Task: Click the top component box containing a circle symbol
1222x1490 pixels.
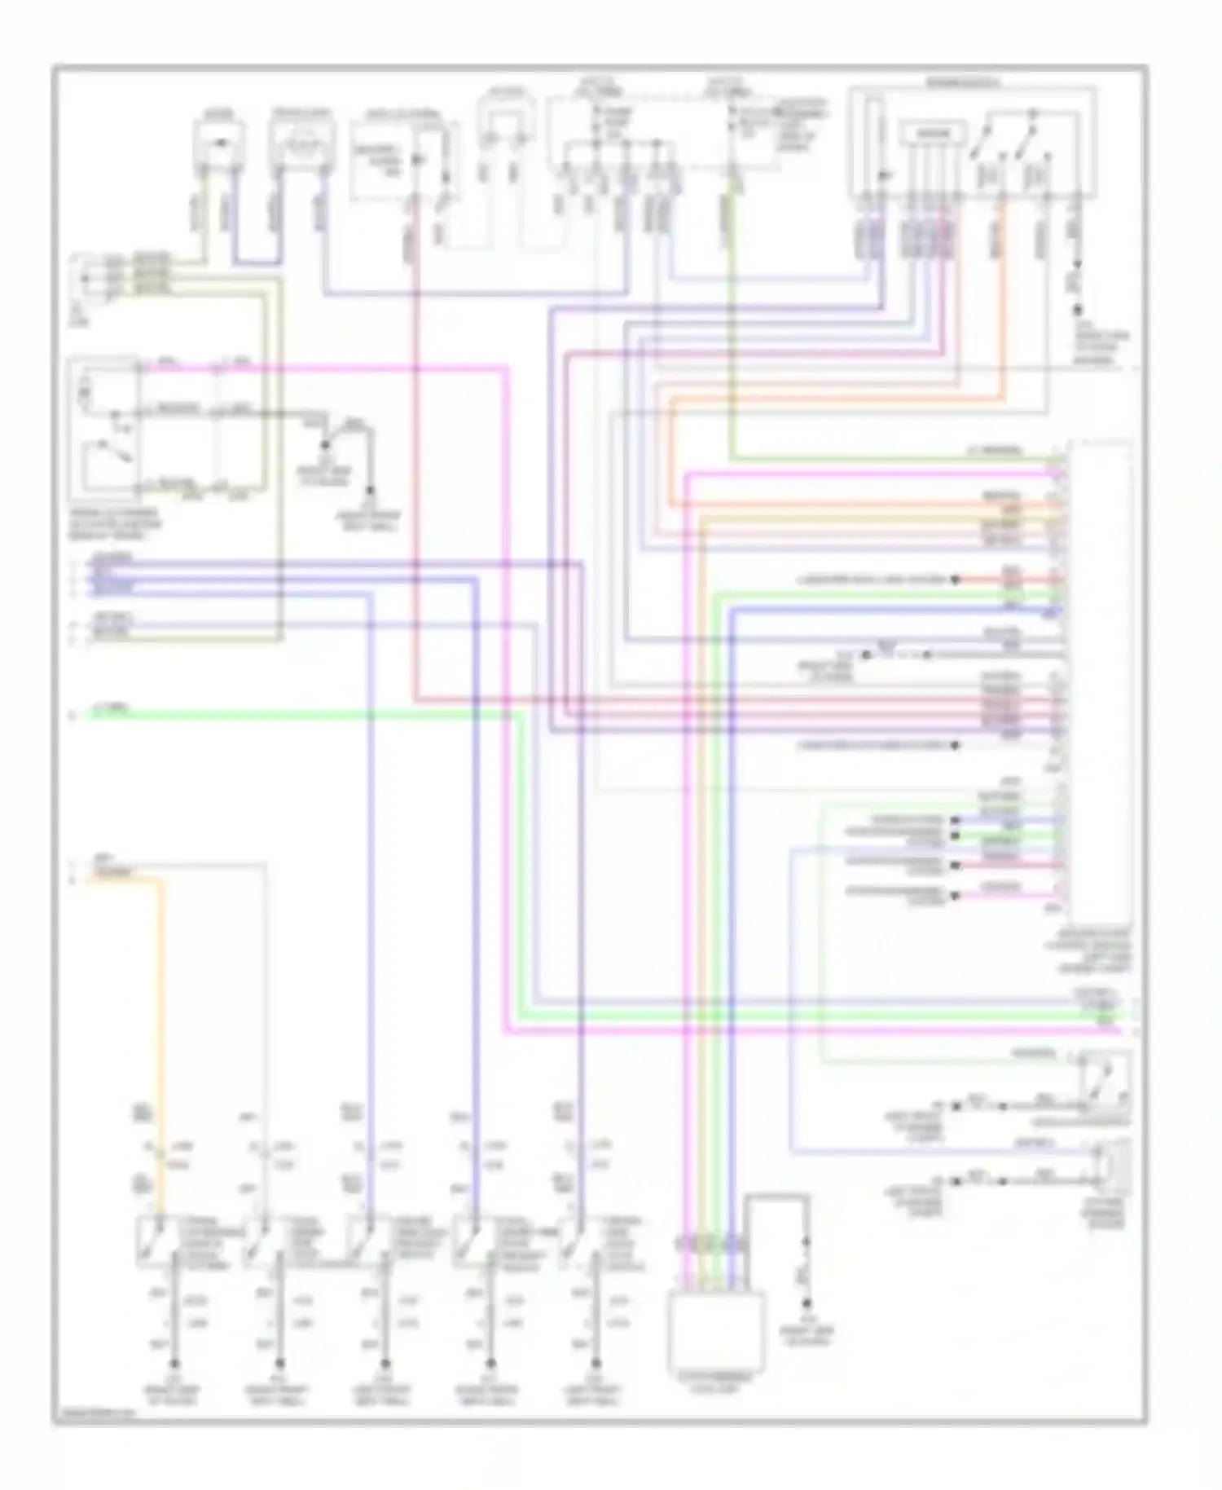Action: tap(301, 144)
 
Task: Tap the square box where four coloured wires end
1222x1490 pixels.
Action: tap(716, 1329)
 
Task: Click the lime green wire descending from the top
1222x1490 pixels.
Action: tap(732, 326)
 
